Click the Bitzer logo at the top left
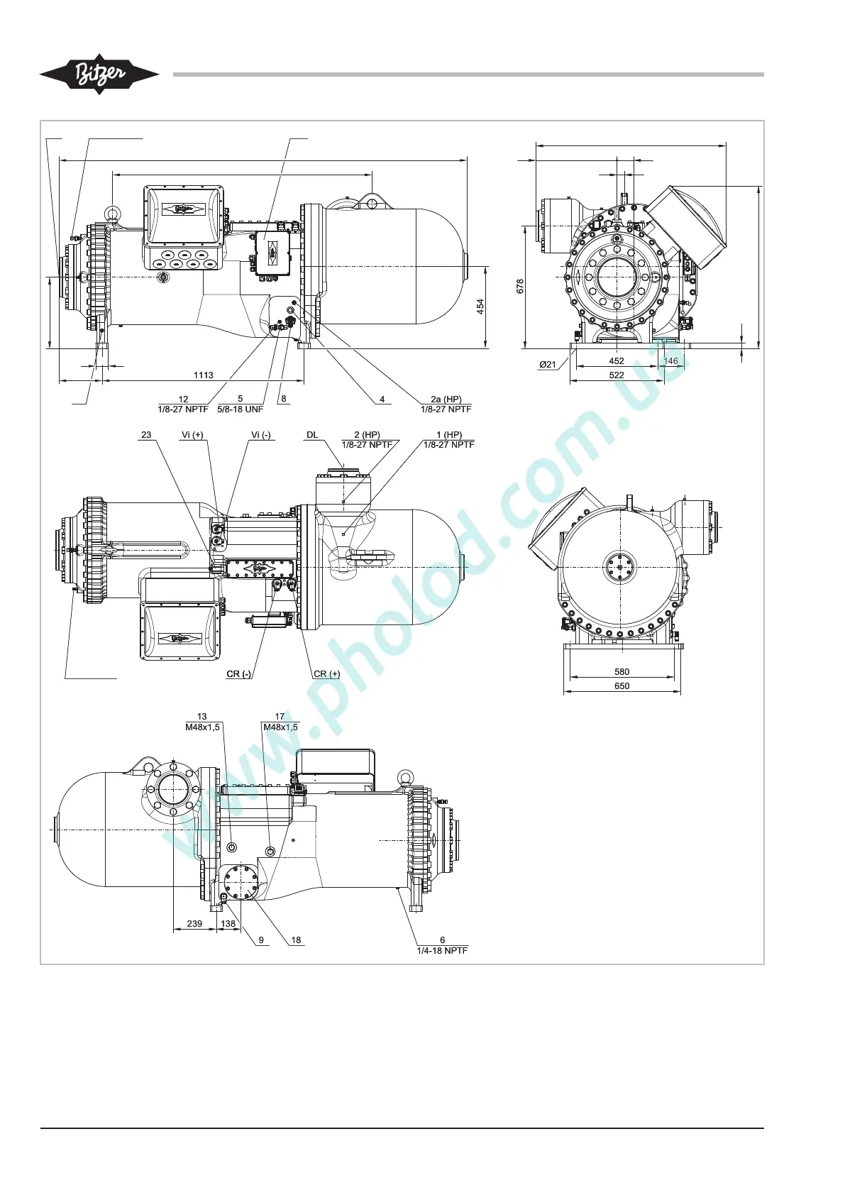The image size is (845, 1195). click(99, 74)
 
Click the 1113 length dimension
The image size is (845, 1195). click(203, 375)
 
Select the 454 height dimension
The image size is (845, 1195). click(480, 307)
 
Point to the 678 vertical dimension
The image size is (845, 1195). click(520, 286)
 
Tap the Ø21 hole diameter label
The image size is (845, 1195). click(547, 365)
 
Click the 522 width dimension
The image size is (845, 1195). click(616, 375)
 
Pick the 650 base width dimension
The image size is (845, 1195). click(622, 686)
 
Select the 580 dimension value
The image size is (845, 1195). click(622, 671)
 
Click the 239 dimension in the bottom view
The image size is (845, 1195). click(194, 924)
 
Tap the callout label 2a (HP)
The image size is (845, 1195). click(446, 399)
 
